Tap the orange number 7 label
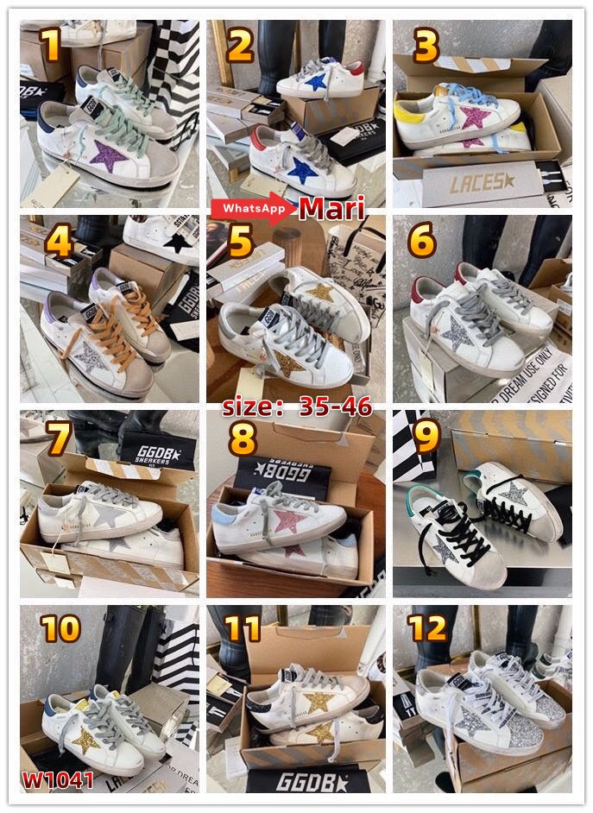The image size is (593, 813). (59, 438)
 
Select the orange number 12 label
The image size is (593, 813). (428, 628)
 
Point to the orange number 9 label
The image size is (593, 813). (427, 438)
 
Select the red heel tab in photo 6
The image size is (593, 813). (425, 286)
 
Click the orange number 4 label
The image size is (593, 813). (60, 243)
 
